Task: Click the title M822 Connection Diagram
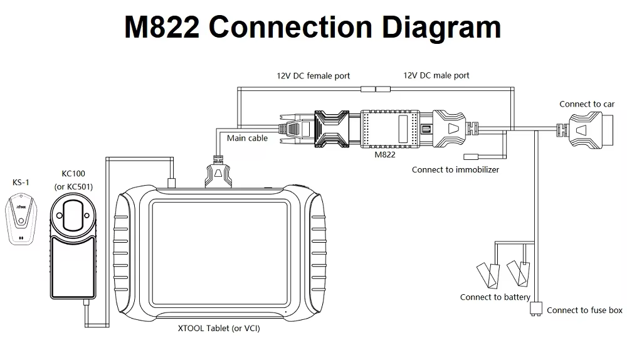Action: click(x=312, y=28)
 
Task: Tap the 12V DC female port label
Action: click(x=313, y=75)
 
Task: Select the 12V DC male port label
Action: click(x=436, y=75)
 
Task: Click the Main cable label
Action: click(x=247, y=138)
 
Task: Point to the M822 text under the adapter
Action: click(x=384, y=154)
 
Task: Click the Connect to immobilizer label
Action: click(x=455, y=169)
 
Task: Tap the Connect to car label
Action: click(x=587, y=104)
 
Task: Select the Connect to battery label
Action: click(x=495, y=297)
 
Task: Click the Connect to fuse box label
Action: click(x=584, y=310)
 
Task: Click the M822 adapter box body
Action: click(x=393, y=128)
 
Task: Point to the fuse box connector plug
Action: click(x=535, y=308)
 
